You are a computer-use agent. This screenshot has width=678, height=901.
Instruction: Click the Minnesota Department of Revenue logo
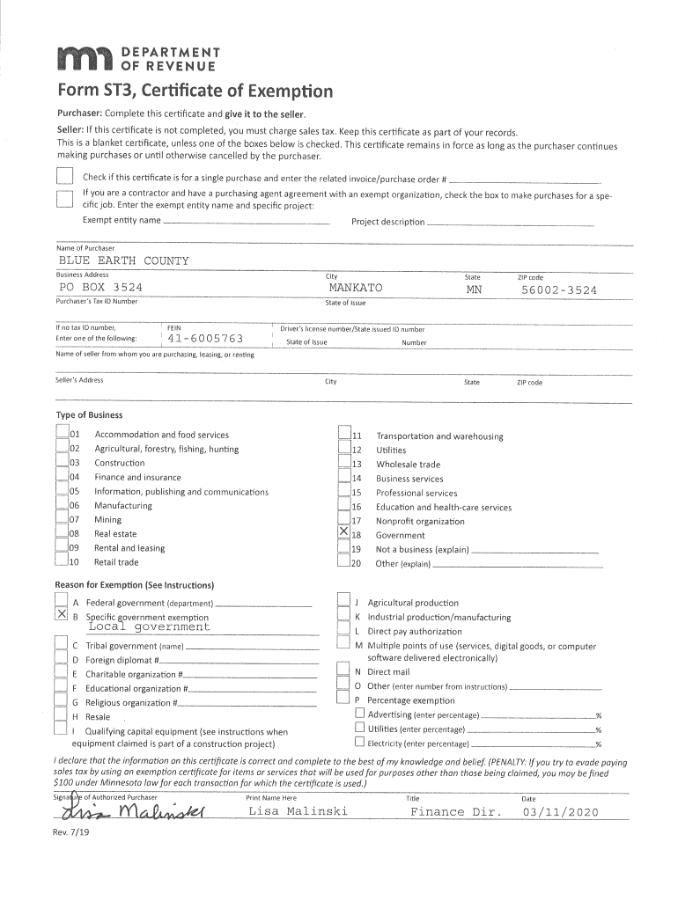click(x=136, y=60)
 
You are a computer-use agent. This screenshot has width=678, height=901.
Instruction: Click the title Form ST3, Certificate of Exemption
click(x=195, y=92)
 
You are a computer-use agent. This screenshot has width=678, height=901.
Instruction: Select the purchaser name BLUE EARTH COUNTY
click(x=123, y=261)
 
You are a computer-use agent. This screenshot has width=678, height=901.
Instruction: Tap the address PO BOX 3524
click(x=100, y=288)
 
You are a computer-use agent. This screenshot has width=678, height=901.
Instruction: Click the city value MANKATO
click(x=356, y=288)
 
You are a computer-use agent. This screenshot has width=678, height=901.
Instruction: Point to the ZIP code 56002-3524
click(x=558, y=289)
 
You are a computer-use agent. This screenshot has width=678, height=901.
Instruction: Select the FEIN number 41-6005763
click(x=205, y=338)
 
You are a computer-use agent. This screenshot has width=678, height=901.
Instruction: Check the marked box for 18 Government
click(x=344, y=533)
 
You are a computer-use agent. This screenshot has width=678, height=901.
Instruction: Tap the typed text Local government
click(x=149, y=627)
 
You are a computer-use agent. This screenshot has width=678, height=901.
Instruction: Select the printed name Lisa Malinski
click(x=298, y=810)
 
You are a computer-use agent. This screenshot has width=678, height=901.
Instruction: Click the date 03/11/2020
click(x=559, y=811)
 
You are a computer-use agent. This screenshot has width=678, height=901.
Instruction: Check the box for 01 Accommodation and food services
click(x=62, y=434)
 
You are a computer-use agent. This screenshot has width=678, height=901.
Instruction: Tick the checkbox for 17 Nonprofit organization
click(x=344, y=520)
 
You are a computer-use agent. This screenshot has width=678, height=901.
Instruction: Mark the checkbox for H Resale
click(x=61, y=715)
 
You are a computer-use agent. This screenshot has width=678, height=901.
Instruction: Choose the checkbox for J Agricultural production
click(x=344, y=602)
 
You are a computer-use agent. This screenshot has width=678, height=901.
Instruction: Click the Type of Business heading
click(x=89, y=414)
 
